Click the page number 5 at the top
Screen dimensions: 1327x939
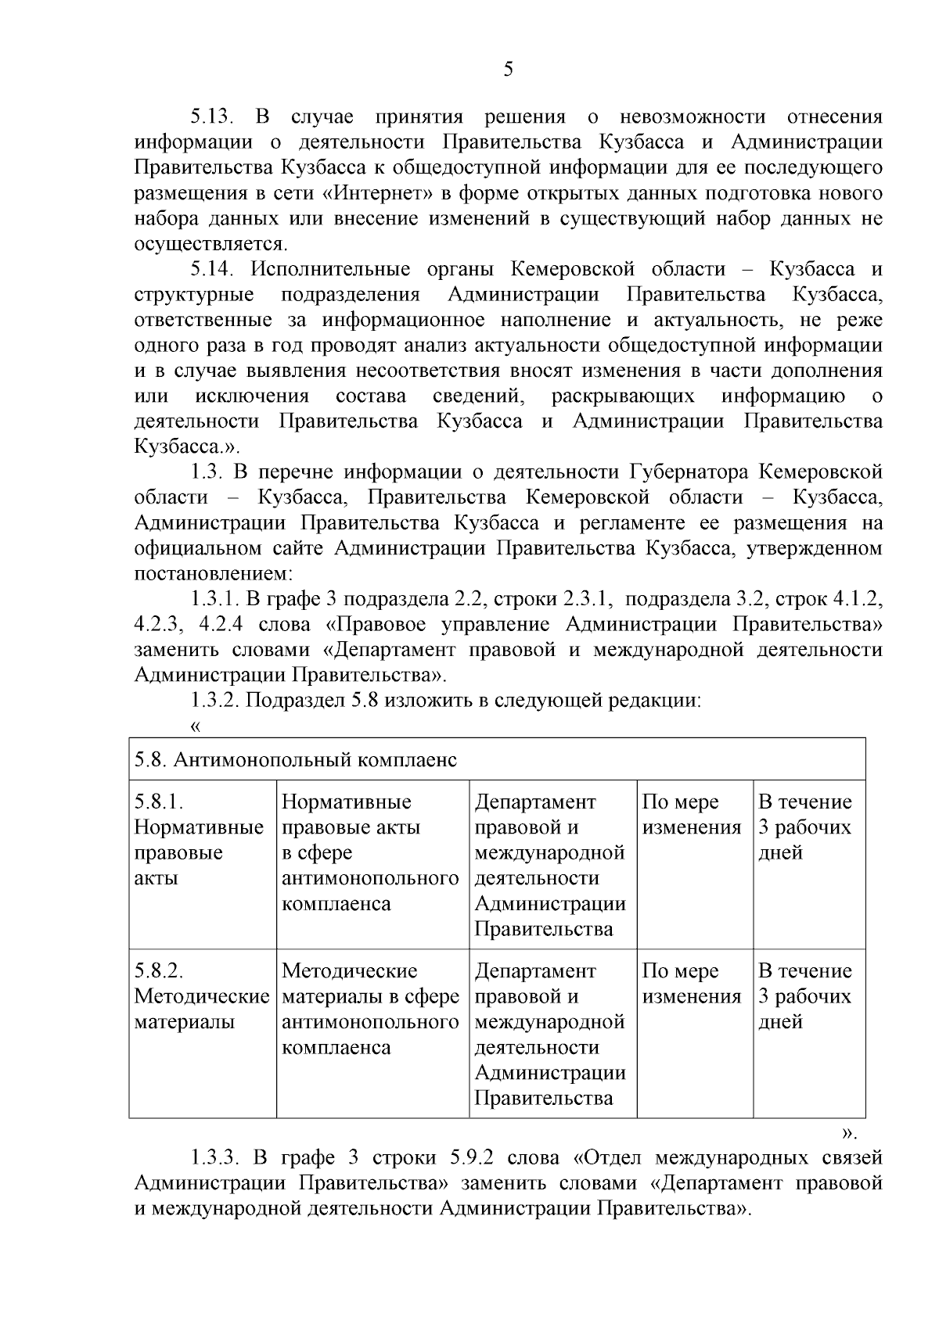(x=509, y=70)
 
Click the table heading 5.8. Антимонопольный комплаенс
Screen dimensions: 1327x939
(x=296, y=760)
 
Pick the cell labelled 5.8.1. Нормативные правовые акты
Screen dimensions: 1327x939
(x=199, y=840)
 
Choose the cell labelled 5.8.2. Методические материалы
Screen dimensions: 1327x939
(x=200, y=996)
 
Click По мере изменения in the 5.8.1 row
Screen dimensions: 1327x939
(x=692, y=815)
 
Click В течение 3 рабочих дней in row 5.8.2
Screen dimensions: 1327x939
(x=805, y=996)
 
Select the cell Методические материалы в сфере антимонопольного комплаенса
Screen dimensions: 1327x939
(x=370, y=1009)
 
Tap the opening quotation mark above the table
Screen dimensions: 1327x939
(x=196, y=727)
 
